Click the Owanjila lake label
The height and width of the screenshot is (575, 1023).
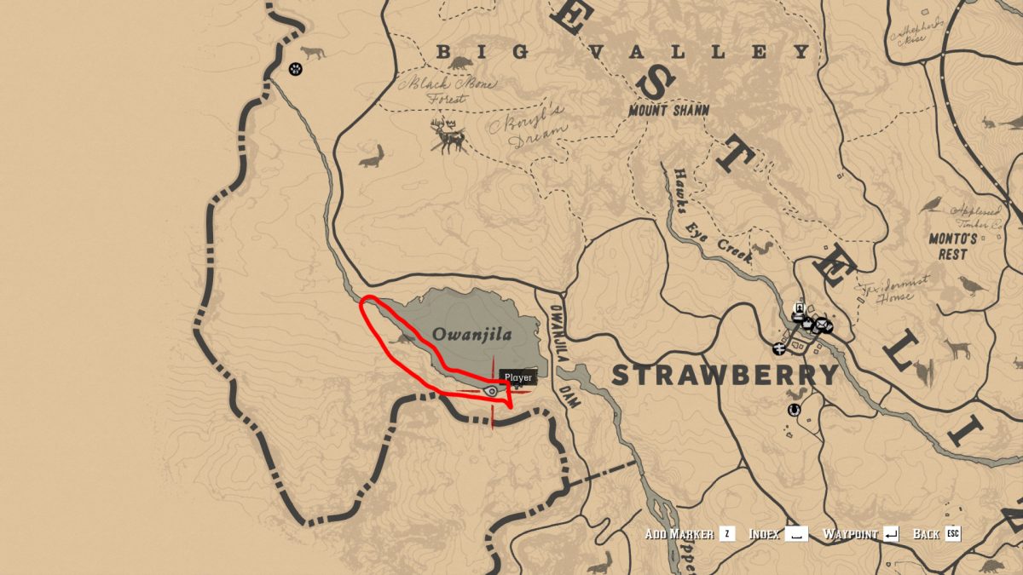472,334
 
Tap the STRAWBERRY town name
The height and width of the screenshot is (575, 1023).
725,376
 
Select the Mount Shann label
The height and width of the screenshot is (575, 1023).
668,111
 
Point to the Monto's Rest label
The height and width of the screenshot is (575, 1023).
952,246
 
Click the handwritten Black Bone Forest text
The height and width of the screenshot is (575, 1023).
437,90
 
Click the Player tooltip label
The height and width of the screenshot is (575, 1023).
517,377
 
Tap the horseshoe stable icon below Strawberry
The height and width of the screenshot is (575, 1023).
795,410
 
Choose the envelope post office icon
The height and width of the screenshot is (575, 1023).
822,325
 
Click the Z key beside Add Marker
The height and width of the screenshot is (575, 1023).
726,534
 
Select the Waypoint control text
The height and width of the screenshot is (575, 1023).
850,534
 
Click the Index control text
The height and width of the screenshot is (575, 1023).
764,534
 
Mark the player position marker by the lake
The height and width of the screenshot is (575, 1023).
492,390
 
